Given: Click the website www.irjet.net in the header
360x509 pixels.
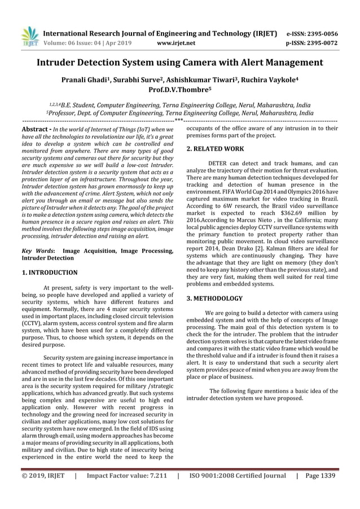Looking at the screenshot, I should (177, 42).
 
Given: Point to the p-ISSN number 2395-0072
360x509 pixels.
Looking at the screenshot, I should (319, 42).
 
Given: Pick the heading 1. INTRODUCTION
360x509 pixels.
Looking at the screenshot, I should (49, 272).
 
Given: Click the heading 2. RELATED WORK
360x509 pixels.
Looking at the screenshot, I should (215, 149).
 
